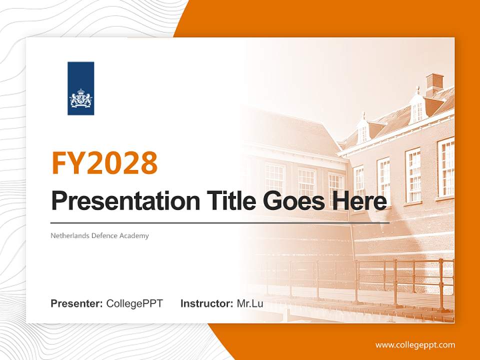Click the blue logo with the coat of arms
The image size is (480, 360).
pos(80,88)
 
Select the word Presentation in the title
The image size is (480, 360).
pos(118,201)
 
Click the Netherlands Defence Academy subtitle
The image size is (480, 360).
pos(99,235)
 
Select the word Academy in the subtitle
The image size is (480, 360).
pos(134,235)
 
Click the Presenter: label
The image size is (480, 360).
pos(77,303)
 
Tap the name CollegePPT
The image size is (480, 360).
pos(134,303)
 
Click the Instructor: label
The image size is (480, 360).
pos(206,303)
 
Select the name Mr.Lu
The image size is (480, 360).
pos(250,303)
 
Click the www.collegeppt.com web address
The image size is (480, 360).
pos(415,345)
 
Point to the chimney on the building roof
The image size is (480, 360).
pos(434,84)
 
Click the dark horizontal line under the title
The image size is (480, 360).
pos(220,222)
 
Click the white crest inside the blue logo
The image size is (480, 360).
pos(80,98)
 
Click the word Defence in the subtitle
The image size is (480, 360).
pos(104,235)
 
